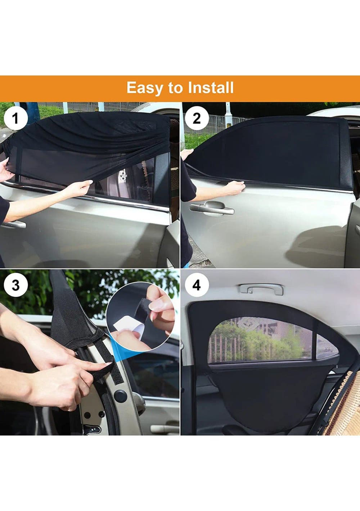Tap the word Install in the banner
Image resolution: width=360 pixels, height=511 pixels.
(x=211, y=88)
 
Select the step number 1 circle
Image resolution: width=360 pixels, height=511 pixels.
(x=15, y=118)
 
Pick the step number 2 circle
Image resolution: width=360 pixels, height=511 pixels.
(x=197, y=118)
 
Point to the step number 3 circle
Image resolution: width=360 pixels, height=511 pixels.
(x=15, y=285)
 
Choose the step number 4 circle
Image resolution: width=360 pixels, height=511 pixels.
(x=197, y=285)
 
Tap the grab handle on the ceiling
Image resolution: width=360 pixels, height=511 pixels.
(x=261, y=289)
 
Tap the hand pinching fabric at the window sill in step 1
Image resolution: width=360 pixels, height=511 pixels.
(x=80, y=187)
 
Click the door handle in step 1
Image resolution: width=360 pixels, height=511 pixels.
(x=14, y=224)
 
